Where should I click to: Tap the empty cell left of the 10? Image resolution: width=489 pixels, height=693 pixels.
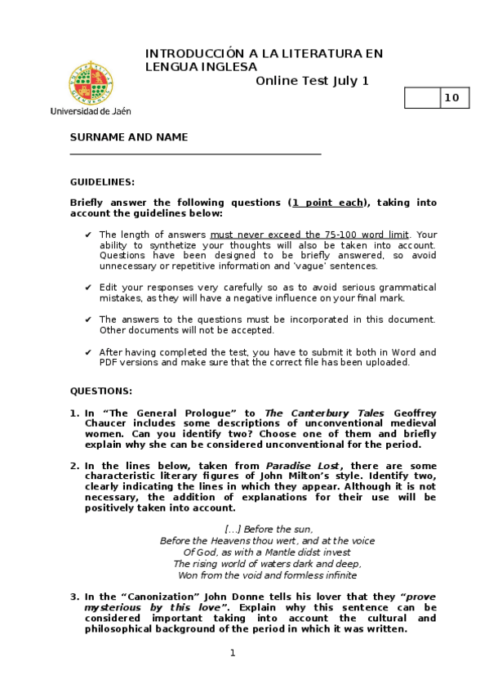coord(422,99)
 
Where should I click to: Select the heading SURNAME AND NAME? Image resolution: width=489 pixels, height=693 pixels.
coord(129,137)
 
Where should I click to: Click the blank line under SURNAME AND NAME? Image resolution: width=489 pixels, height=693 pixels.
coord(195,153)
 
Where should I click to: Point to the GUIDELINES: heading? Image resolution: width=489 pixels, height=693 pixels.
coord(102,181)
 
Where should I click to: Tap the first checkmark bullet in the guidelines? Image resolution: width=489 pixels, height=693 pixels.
coord(88,235)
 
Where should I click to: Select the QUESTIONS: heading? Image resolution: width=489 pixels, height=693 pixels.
coord(100,391)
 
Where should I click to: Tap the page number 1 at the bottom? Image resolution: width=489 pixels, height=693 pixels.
coord(233,652)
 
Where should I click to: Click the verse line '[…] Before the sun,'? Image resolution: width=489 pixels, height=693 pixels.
coord(269,529)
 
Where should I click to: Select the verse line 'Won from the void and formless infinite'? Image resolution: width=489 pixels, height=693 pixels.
coord(267,575)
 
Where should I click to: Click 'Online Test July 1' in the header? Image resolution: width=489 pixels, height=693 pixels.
coord(312,80)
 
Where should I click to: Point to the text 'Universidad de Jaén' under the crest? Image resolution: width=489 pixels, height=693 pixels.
coord(90,110)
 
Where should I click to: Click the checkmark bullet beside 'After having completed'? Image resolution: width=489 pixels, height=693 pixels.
coord(88,352)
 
